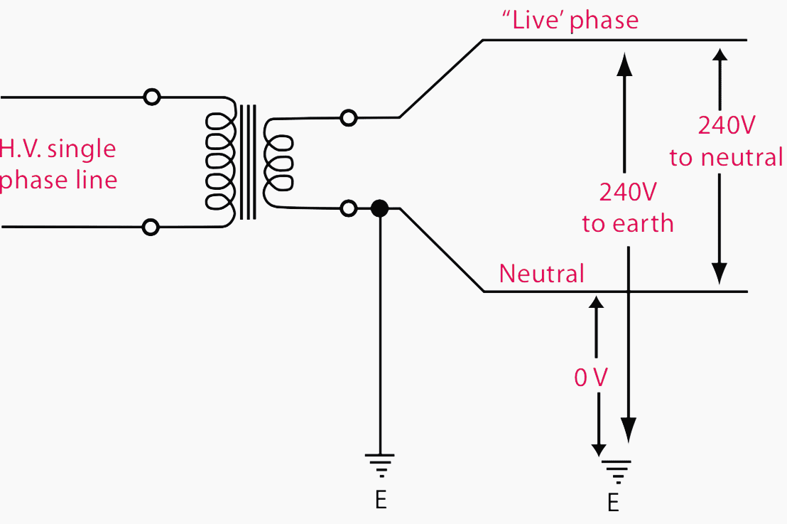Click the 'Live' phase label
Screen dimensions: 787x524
pyautogui.click(x=570, y=20)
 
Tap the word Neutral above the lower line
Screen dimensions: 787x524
pyautogui.click(x=541, y=274)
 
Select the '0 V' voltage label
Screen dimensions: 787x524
pyautogui.click(x=591, y=378)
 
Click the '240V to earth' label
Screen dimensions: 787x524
pyautogui.click(x=627, y=208)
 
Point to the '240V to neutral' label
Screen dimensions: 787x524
pyautogui.click(x=726, y=141)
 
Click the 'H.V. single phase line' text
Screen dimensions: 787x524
pyautogui.click(x=58, y=164)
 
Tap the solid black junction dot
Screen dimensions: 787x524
pyautogui.click(x=379, y=208)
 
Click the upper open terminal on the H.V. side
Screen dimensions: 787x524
pyautogui.click(x=151, y=97)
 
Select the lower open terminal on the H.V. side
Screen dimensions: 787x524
pyautogui.click(x=151, y=227)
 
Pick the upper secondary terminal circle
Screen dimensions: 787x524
pyautogui.click(x=348, y=118)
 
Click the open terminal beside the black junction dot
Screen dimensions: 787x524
pyautogui.click(x=348, y=208)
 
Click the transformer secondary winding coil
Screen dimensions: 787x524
pyautogui.click(x=278, y=163)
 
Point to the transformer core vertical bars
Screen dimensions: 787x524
pyautogui.click(x=247, y=162)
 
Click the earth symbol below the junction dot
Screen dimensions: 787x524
pyautogui.click(x=380, y=465)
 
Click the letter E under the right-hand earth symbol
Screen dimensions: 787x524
pyautogui.click(x=613, y=503)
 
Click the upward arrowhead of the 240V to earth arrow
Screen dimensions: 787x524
pyautogui.click(x=624, y=64)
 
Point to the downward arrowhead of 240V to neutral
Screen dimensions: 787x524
pyautogui.click(x=720, y=273)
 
